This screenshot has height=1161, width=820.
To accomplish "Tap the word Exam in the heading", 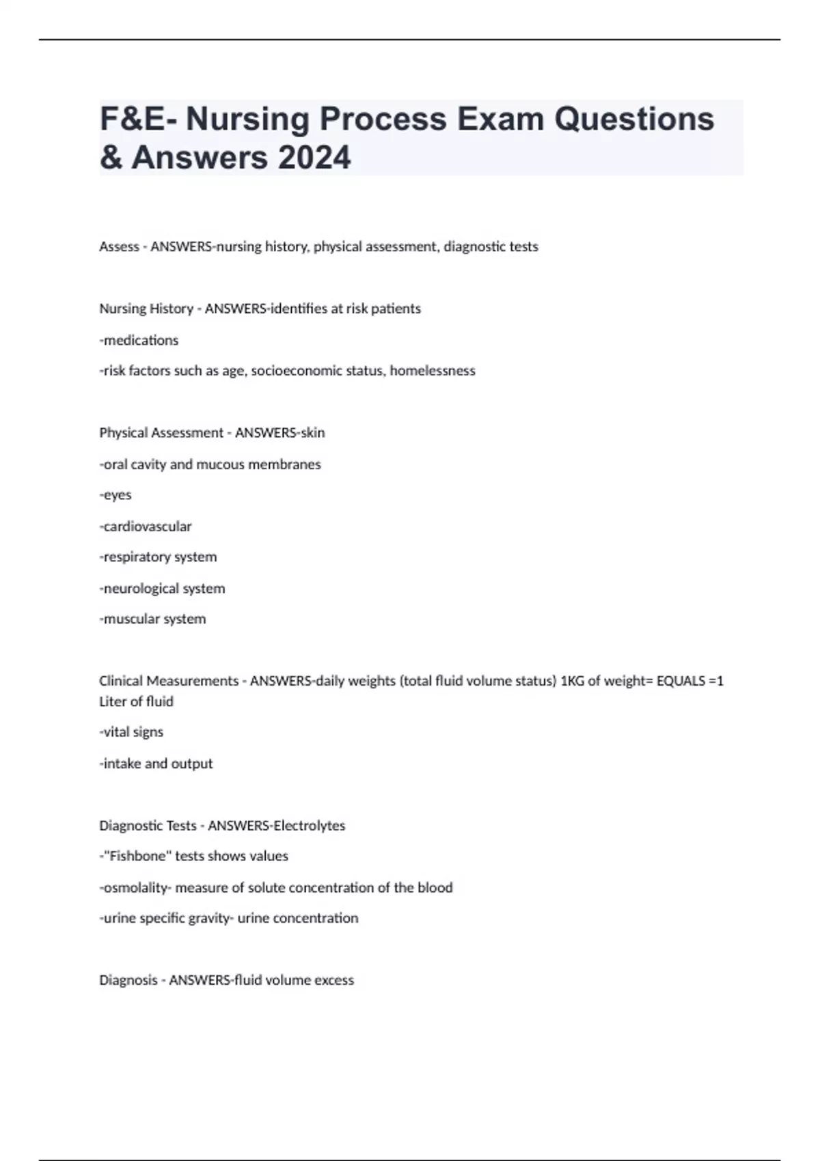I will click(x=500, y=119).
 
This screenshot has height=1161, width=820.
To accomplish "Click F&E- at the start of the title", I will click(x=137, y=119).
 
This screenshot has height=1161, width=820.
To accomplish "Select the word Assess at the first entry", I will click(x=119, y=247).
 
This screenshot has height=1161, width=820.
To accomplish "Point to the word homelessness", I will click(x=433, y=371).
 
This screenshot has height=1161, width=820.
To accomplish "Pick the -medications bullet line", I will click(x=139, y=340).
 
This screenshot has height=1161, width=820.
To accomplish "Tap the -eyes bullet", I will click(x=115, y=495).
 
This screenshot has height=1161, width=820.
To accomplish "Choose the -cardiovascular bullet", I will click(x=146, y=527).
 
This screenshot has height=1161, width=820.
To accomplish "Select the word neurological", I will click(x=141, y=589).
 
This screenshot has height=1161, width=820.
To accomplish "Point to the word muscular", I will click(x=128, y=619).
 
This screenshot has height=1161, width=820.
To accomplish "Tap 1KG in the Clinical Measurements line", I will click(x=573, y=681).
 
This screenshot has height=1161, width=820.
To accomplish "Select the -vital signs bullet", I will click(x=132, y=732).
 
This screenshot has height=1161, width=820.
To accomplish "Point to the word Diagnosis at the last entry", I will click(x=128, y=980).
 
